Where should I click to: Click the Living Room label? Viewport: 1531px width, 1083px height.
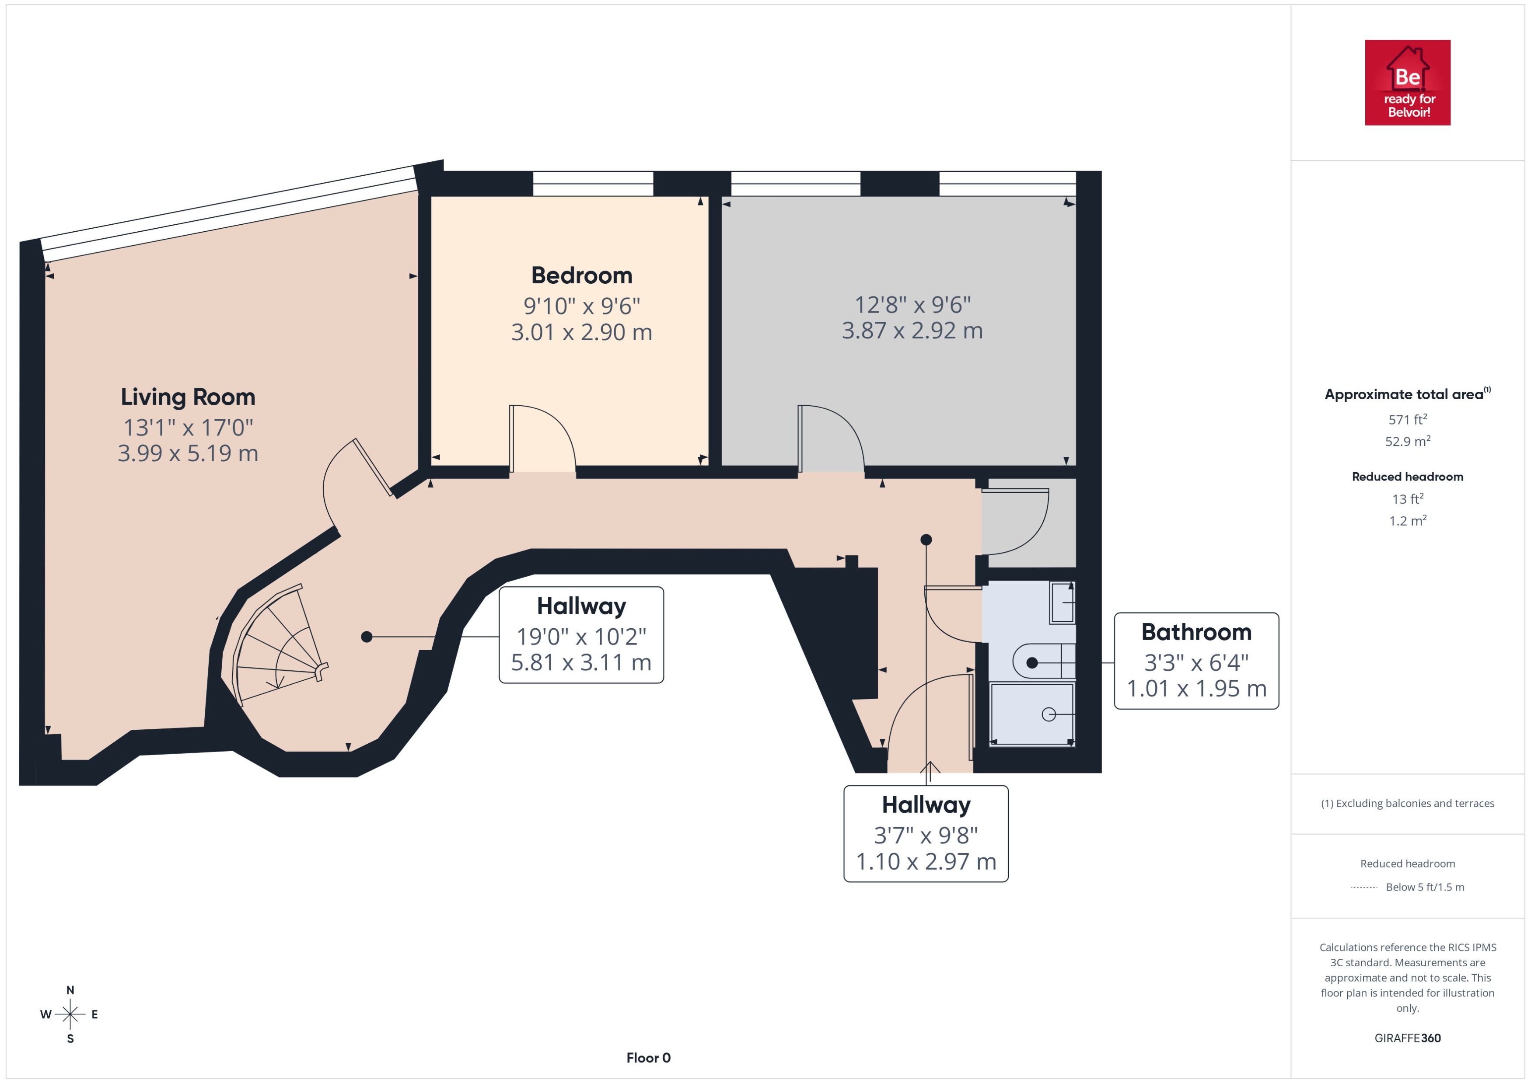(x=188, y=397)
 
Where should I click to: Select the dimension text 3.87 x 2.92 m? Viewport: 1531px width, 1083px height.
(x=912, y=331)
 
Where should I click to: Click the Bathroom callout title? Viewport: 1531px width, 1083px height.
(x=1196, y=631)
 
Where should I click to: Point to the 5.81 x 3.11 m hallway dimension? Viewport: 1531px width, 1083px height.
(x=581, y=663)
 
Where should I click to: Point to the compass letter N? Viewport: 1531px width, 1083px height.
(x=70, y=990)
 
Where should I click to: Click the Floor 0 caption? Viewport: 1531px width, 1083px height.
(x=648, y=1058)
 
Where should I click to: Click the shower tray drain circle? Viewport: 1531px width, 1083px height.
(x=1048, y=714)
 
